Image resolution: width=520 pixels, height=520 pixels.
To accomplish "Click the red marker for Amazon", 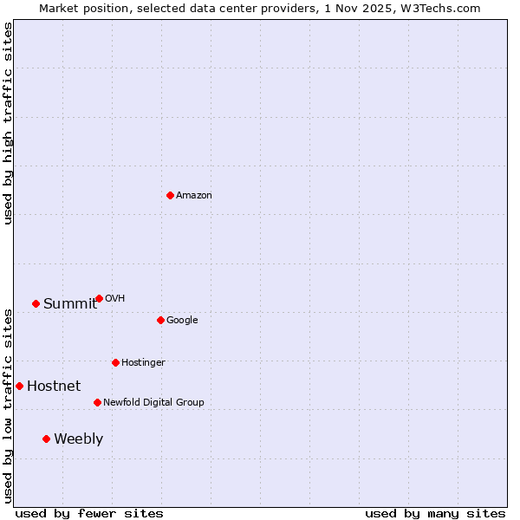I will pos(170,195).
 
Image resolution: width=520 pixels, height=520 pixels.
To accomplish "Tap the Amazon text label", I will pos(194,196).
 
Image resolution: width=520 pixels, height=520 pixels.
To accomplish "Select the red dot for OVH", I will pos(99,298).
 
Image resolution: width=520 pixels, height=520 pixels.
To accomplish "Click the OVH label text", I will pos(115,299).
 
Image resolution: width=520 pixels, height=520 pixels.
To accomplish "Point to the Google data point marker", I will pos(160,320).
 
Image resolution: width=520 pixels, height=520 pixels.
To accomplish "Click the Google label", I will pos(182,321).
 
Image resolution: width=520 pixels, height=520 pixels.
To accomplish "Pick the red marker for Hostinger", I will pos(115,362).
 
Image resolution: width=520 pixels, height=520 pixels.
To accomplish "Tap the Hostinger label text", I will pos(143,363).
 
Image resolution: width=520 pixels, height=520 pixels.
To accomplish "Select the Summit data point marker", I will pos(36,303).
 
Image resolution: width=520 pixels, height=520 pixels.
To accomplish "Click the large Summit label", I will pos(70,304).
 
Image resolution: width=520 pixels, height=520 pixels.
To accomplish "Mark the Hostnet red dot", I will pos(19,386).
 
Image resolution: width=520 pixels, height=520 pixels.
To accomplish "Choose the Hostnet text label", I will pos(54,387).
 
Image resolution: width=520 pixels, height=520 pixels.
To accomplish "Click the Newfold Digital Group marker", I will pos(97,402).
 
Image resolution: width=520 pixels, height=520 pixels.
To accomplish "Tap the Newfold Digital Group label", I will pos(153,403).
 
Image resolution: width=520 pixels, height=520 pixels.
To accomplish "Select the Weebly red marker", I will pos(46,439).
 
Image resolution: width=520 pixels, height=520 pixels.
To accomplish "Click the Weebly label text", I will pos(78,439).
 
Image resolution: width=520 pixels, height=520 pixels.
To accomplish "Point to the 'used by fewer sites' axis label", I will pos(89,513).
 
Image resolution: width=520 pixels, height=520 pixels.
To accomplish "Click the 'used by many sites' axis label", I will pos(435,513).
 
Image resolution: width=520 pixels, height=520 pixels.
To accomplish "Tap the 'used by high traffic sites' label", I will pos(8,123).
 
